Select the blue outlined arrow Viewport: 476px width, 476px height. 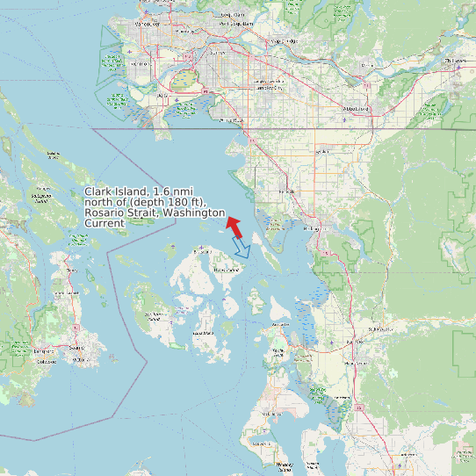point(242,248)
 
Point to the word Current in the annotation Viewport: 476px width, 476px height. point(104,223)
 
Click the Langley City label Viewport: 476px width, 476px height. point(268,88)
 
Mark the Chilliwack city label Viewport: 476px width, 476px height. point(455,61)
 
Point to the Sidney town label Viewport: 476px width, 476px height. point(67,270)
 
